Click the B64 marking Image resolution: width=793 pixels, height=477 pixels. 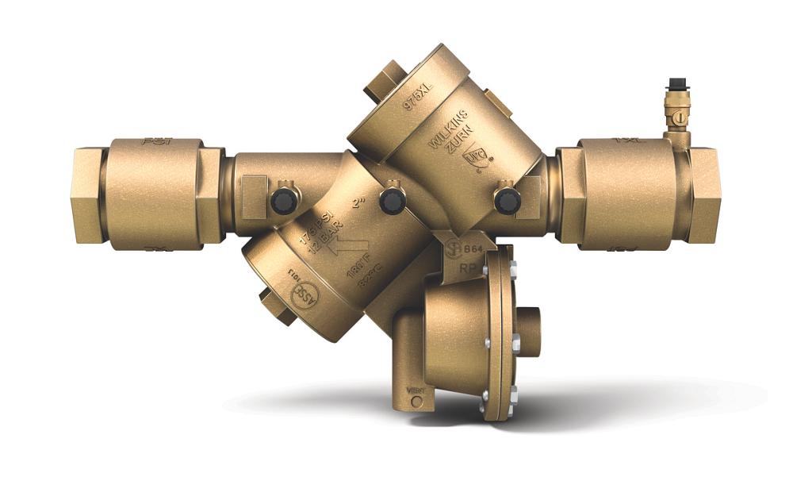coord(473,248)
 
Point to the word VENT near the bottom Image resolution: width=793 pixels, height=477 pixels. coord(416,390)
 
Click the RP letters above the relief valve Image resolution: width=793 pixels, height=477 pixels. coord(469,268)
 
